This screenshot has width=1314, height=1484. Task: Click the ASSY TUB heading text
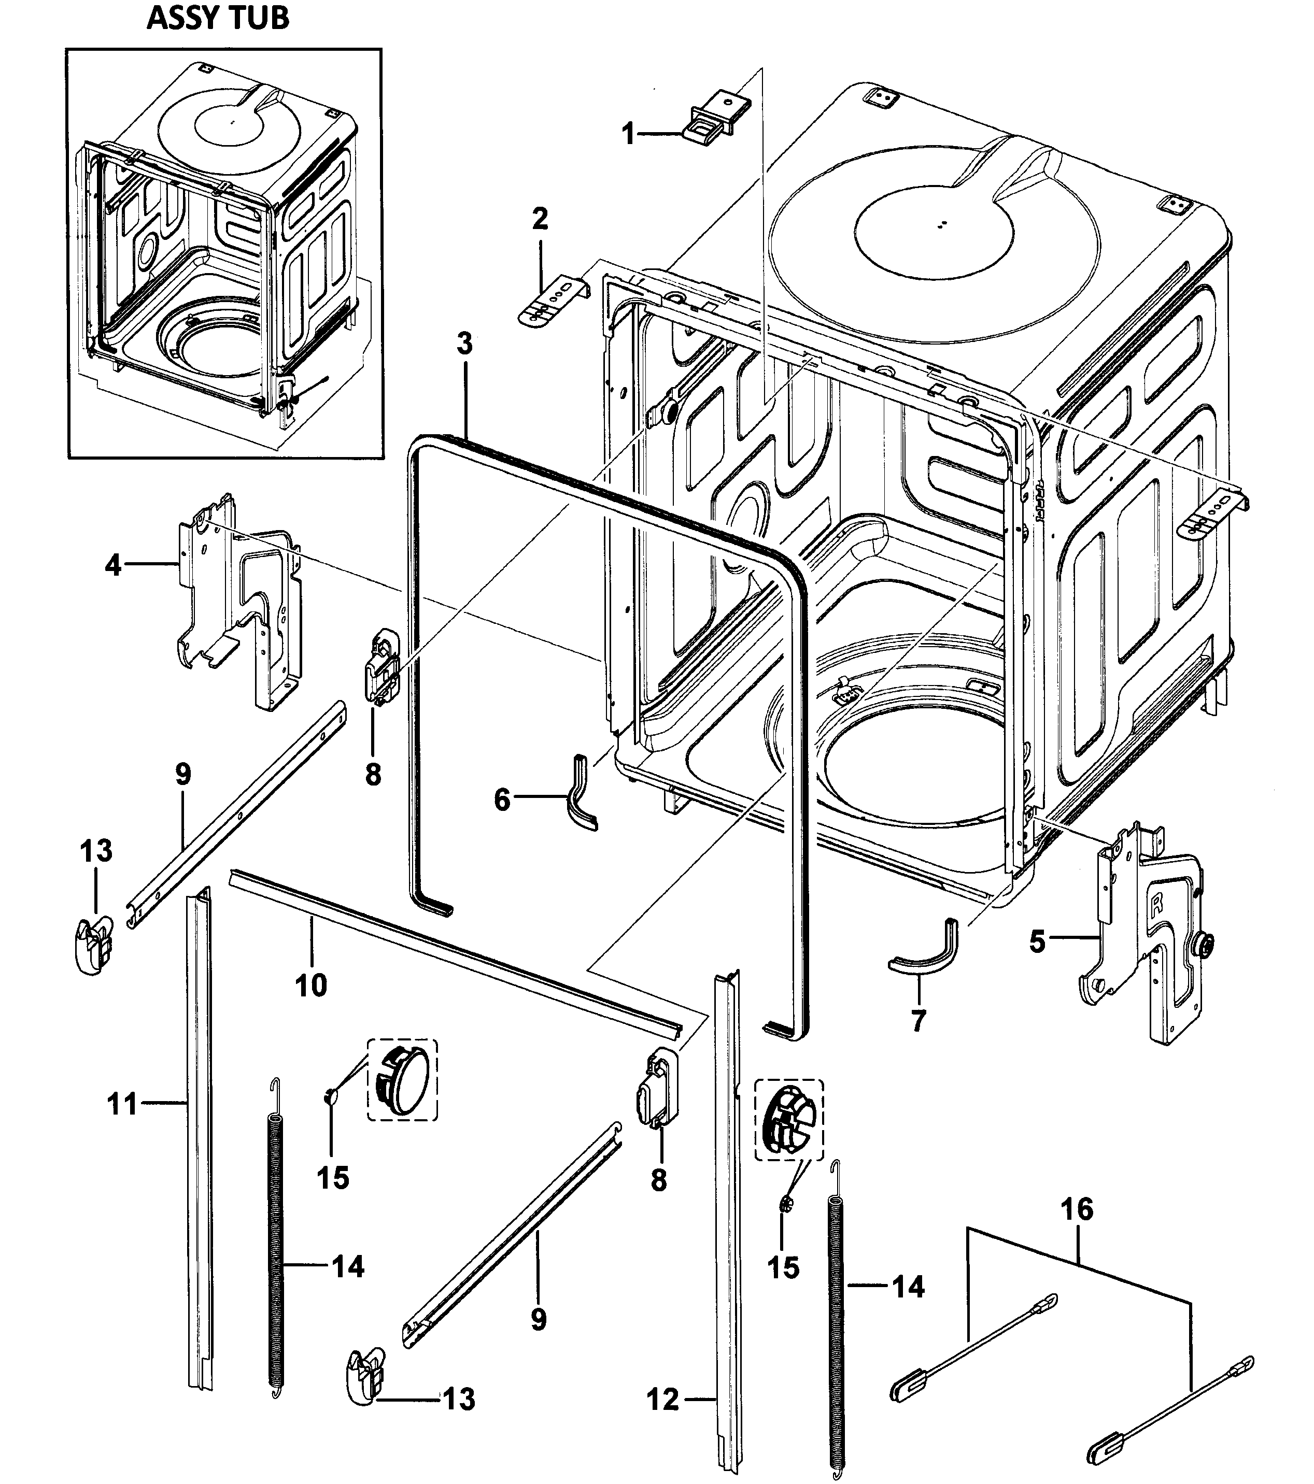(x=218, y=18)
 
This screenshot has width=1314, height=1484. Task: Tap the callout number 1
(x=629, y=134)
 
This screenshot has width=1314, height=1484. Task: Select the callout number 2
(x=540, y=219)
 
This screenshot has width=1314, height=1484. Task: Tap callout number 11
(x=122, y=1104)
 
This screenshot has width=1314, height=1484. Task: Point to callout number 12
(x=662, y=1399)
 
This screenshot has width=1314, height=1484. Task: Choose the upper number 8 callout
(x=373, y=775)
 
